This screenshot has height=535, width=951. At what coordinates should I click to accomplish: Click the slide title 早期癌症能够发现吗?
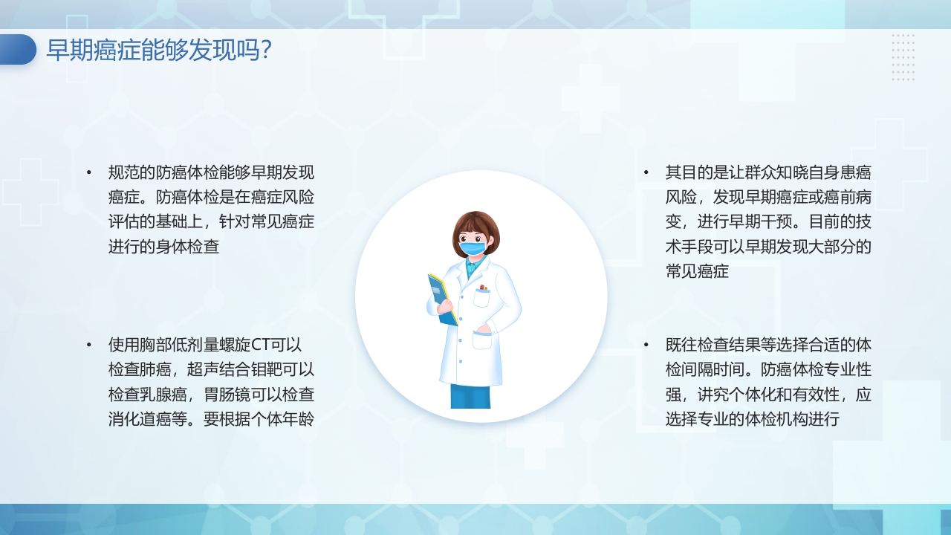pos(159,51)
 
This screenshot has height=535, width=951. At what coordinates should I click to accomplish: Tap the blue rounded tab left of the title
pos(17,50)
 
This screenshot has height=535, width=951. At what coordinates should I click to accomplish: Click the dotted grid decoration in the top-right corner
pos(903,57)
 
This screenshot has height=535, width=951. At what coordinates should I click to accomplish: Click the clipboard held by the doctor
pos(442,299)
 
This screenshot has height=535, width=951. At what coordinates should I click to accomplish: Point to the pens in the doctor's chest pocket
pos(483,288)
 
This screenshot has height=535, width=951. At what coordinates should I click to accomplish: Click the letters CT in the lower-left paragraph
pos(262,345)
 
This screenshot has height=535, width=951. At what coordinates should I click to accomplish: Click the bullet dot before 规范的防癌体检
pos(89,172)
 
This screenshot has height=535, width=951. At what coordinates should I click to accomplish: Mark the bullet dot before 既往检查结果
pos(646,345)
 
